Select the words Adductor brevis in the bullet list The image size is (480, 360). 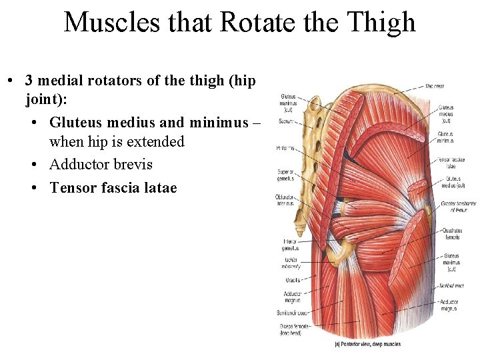(x=101, y=165)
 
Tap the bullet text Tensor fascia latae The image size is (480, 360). (x=113, y=188)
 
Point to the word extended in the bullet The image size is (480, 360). (x=151, y=142)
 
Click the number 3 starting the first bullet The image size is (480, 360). (x=29, y=80)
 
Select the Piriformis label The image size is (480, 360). (x=286, y=147)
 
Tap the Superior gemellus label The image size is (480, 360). (x=287, y=176)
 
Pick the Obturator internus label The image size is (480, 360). (x=285, y=201)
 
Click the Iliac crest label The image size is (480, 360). (x=435, y=86)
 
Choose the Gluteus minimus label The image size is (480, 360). (x=446, y=137)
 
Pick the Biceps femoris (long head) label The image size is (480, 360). (x=290, y=329)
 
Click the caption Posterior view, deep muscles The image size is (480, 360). (x=367, y=345)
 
